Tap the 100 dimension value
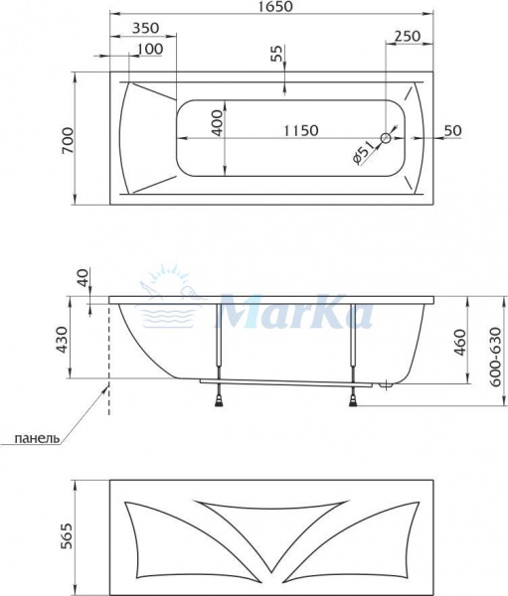[151, 49]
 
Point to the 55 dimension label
[276, 55]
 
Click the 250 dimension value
[407, 36]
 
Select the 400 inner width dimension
[218, 123]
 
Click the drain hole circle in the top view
[389, 137]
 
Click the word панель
[37, 437]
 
